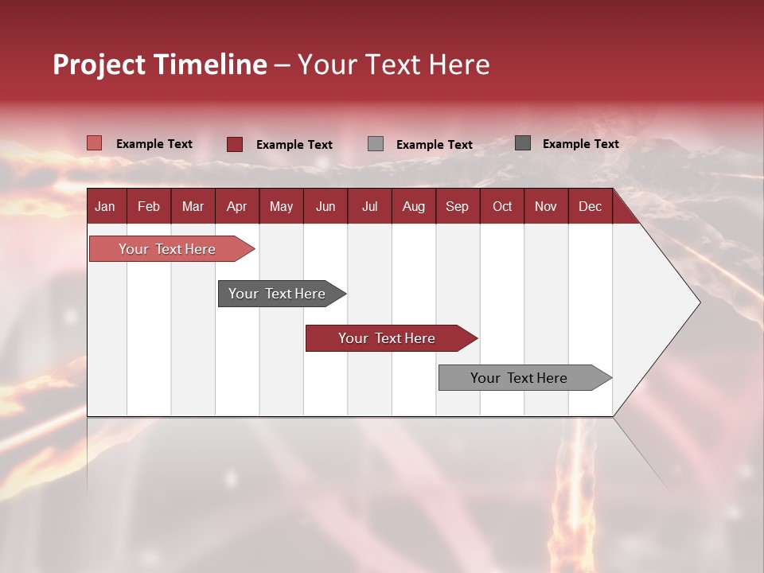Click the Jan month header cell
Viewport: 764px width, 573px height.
105,206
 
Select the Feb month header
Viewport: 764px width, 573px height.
149,206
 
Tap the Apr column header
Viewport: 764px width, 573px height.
236,206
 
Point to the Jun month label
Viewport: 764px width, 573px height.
325,206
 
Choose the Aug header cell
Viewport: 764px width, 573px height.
413,206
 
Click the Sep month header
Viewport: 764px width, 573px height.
457,206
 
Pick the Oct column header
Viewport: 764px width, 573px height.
502,206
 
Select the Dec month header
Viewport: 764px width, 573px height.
590,206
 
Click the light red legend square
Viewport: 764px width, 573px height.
94,143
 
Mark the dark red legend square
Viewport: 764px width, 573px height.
235,144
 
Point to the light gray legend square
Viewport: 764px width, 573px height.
376,144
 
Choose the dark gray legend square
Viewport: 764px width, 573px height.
523,143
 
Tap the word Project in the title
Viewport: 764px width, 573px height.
99,64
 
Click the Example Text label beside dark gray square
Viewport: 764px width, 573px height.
580,144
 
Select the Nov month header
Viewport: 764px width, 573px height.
546,206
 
